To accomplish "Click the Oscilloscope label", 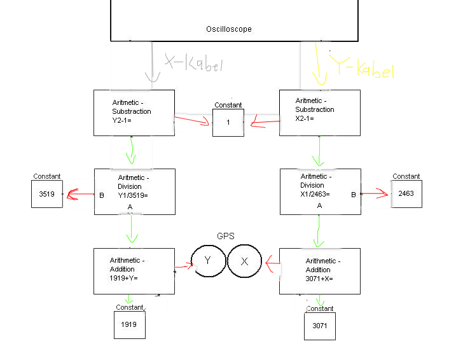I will (229, 29).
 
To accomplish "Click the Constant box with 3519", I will (47, 194).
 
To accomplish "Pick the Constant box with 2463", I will (406, 194).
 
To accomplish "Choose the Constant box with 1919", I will (129, 325).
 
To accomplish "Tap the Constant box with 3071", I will (319, 326).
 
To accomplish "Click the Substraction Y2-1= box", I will (134, 113).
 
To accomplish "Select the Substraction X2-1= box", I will (320, 113).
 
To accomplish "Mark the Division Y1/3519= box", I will (134, 191).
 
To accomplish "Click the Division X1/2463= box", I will (320, 191).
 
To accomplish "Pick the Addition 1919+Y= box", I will (134, 271).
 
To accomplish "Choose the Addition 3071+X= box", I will (320, 271).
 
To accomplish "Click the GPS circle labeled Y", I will (208, 261).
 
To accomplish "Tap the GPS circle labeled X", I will (244, 261).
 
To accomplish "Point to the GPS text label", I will (226, 236).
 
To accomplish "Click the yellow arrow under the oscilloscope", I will (316, 67).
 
